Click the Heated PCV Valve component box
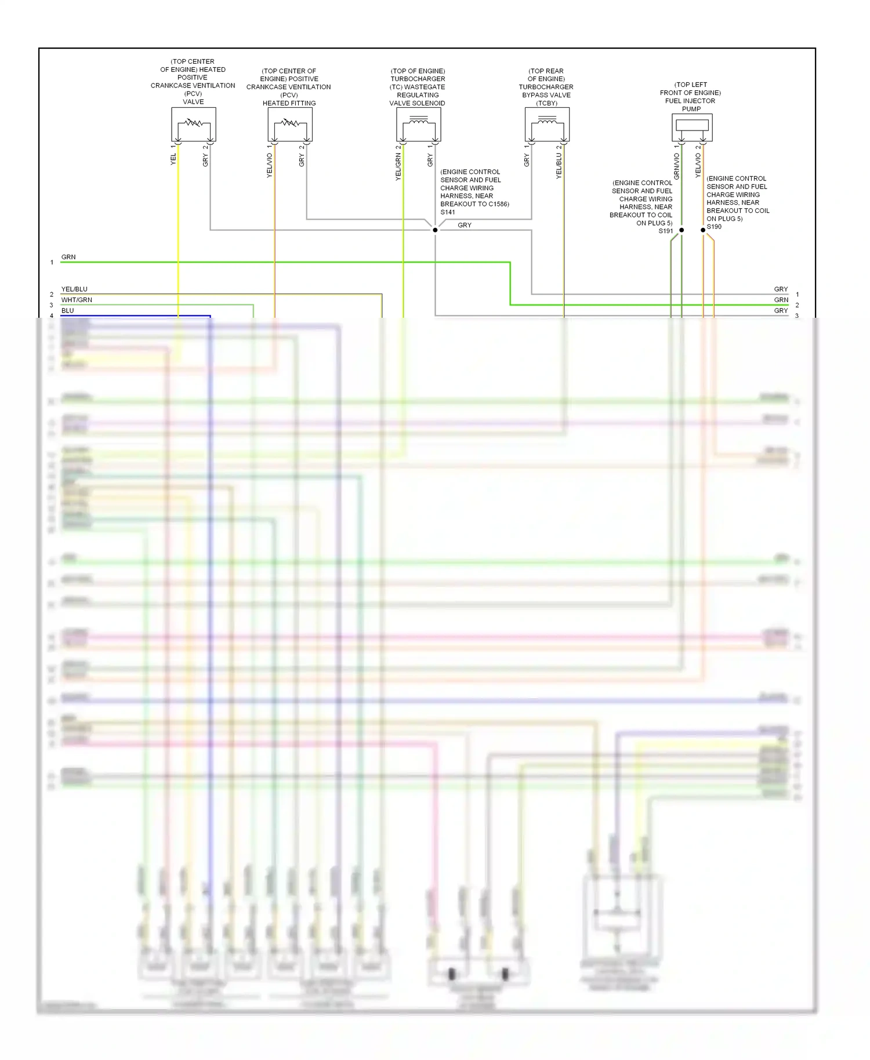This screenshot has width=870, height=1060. click(x=194, y=124)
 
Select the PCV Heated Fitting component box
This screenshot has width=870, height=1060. click(x=290, y=124)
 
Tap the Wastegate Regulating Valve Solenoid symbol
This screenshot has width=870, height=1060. click(x=419, y=124)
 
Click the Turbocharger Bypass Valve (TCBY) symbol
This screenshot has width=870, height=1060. click(x=547, y=124)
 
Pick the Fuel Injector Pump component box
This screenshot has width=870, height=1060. click(x=692, y=127)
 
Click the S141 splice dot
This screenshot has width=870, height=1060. click(x=435, y=230)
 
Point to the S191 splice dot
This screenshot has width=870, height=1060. click(x=681, y=230)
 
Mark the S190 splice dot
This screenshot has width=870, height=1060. click(x=703, y=230)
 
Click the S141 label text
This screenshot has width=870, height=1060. click(x=448, y=212)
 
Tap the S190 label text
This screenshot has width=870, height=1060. click(x=714, y=227)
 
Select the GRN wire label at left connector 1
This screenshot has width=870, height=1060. click(x=68, y=257)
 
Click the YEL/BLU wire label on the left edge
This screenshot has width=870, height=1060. click(x=74, y=289)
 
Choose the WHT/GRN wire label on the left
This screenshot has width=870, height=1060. click(x=77, y=300)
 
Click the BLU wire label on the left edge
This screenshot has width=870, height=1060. click(x=68, y=311)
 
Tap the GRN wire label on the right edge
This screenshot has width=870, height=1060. click(x=781, y=300)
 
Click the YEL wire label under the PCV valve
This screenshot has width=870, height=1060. click(x=173, y=159)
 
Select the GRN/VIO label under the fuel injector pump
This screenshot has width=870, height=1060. click(x=677, y=165)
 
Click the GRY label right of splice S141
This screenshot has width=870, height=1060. click(x=465, y=225)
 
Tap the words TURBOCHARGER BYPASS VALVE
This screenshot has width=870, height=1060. click(x=546, y=91)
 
